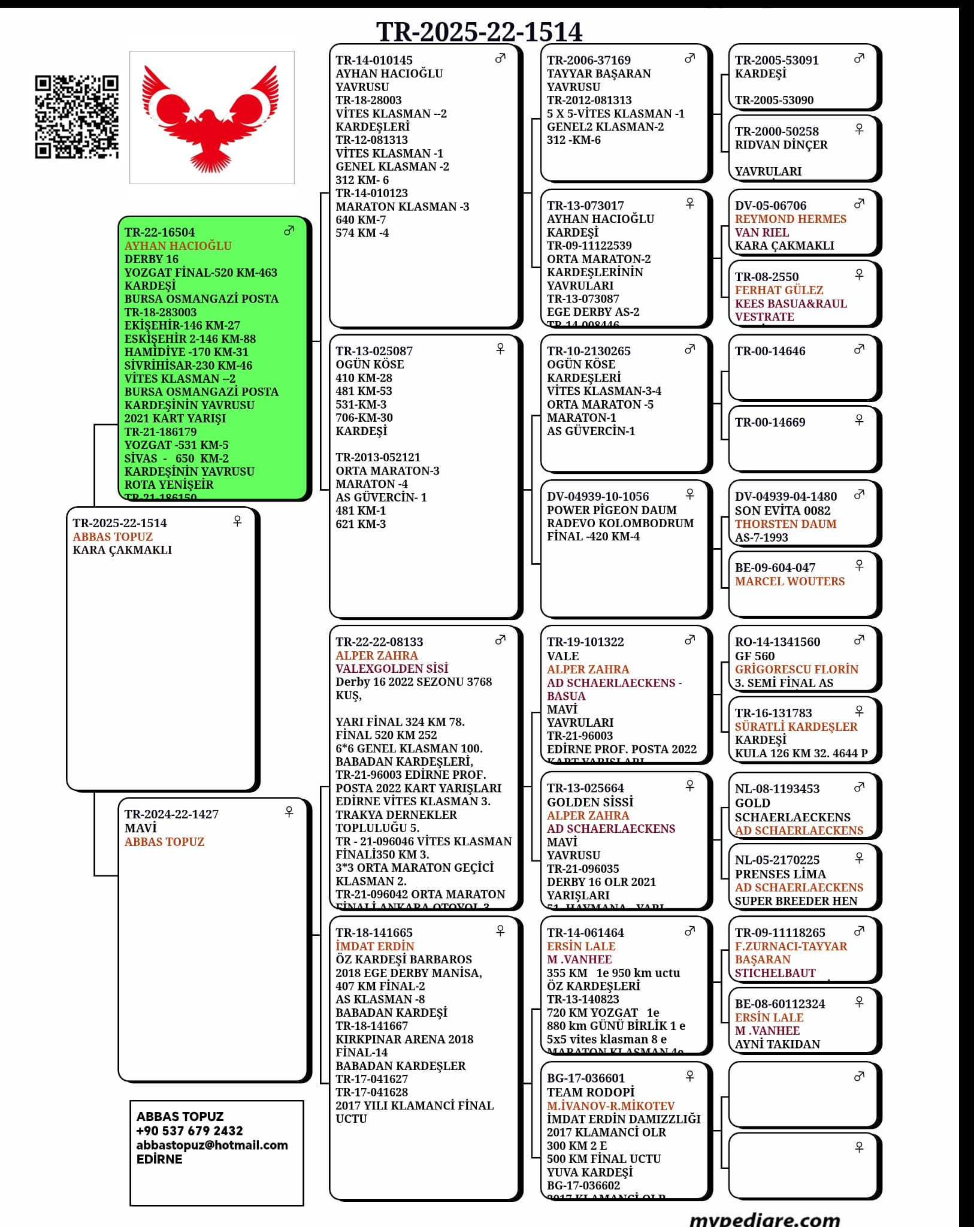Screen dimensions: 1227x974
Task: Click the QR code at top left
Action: (x=76, y=117)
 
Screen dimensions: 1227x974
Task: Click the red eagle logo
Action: (x=211, y=117)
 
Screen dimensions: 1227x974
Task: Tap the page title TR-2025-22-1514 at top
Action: (x=479, y=32)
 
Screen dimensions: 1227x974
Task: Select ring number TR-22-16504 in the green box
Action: (x=159, y=232)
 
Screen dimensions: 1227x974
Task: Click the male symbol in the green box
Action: (x=289, y=231)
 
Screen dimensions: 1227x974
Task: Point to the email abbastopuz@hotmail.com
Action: (x=212, y=1145)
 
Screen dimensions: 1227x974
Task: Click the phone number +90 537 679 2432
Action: (x=189, y=1131)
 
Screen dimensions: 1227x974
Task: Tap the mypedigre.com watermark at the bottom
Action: (x=764, y=1219)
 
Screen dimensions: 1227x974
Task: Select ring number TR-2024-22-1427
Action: (x=171, y=814)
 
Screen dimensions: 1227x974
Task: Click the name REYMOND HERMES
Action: (x=790, y=219)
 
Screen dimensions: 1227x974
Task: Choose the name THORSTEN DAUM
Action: (x=785, y=524)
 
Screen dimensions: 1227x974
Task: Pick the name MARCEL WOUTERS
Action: (x=790, y=581)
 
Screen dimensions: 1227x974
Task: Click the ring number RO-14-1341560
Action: (x=778, y=642)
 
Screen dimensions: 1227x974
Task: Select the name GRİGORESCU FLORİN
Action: (x=796, y=669)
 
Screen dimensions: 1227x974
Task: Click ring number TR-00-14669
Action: (x=770, y=422)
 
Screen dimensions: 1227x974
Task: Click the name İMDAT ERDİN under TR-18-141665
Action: (x=374, y=947)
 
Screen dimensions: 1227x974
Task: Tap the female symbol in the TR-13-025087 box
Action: (x=500, y=349)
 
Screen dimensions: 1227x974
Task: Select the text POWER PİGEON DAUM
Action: (x=611, y=510)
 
